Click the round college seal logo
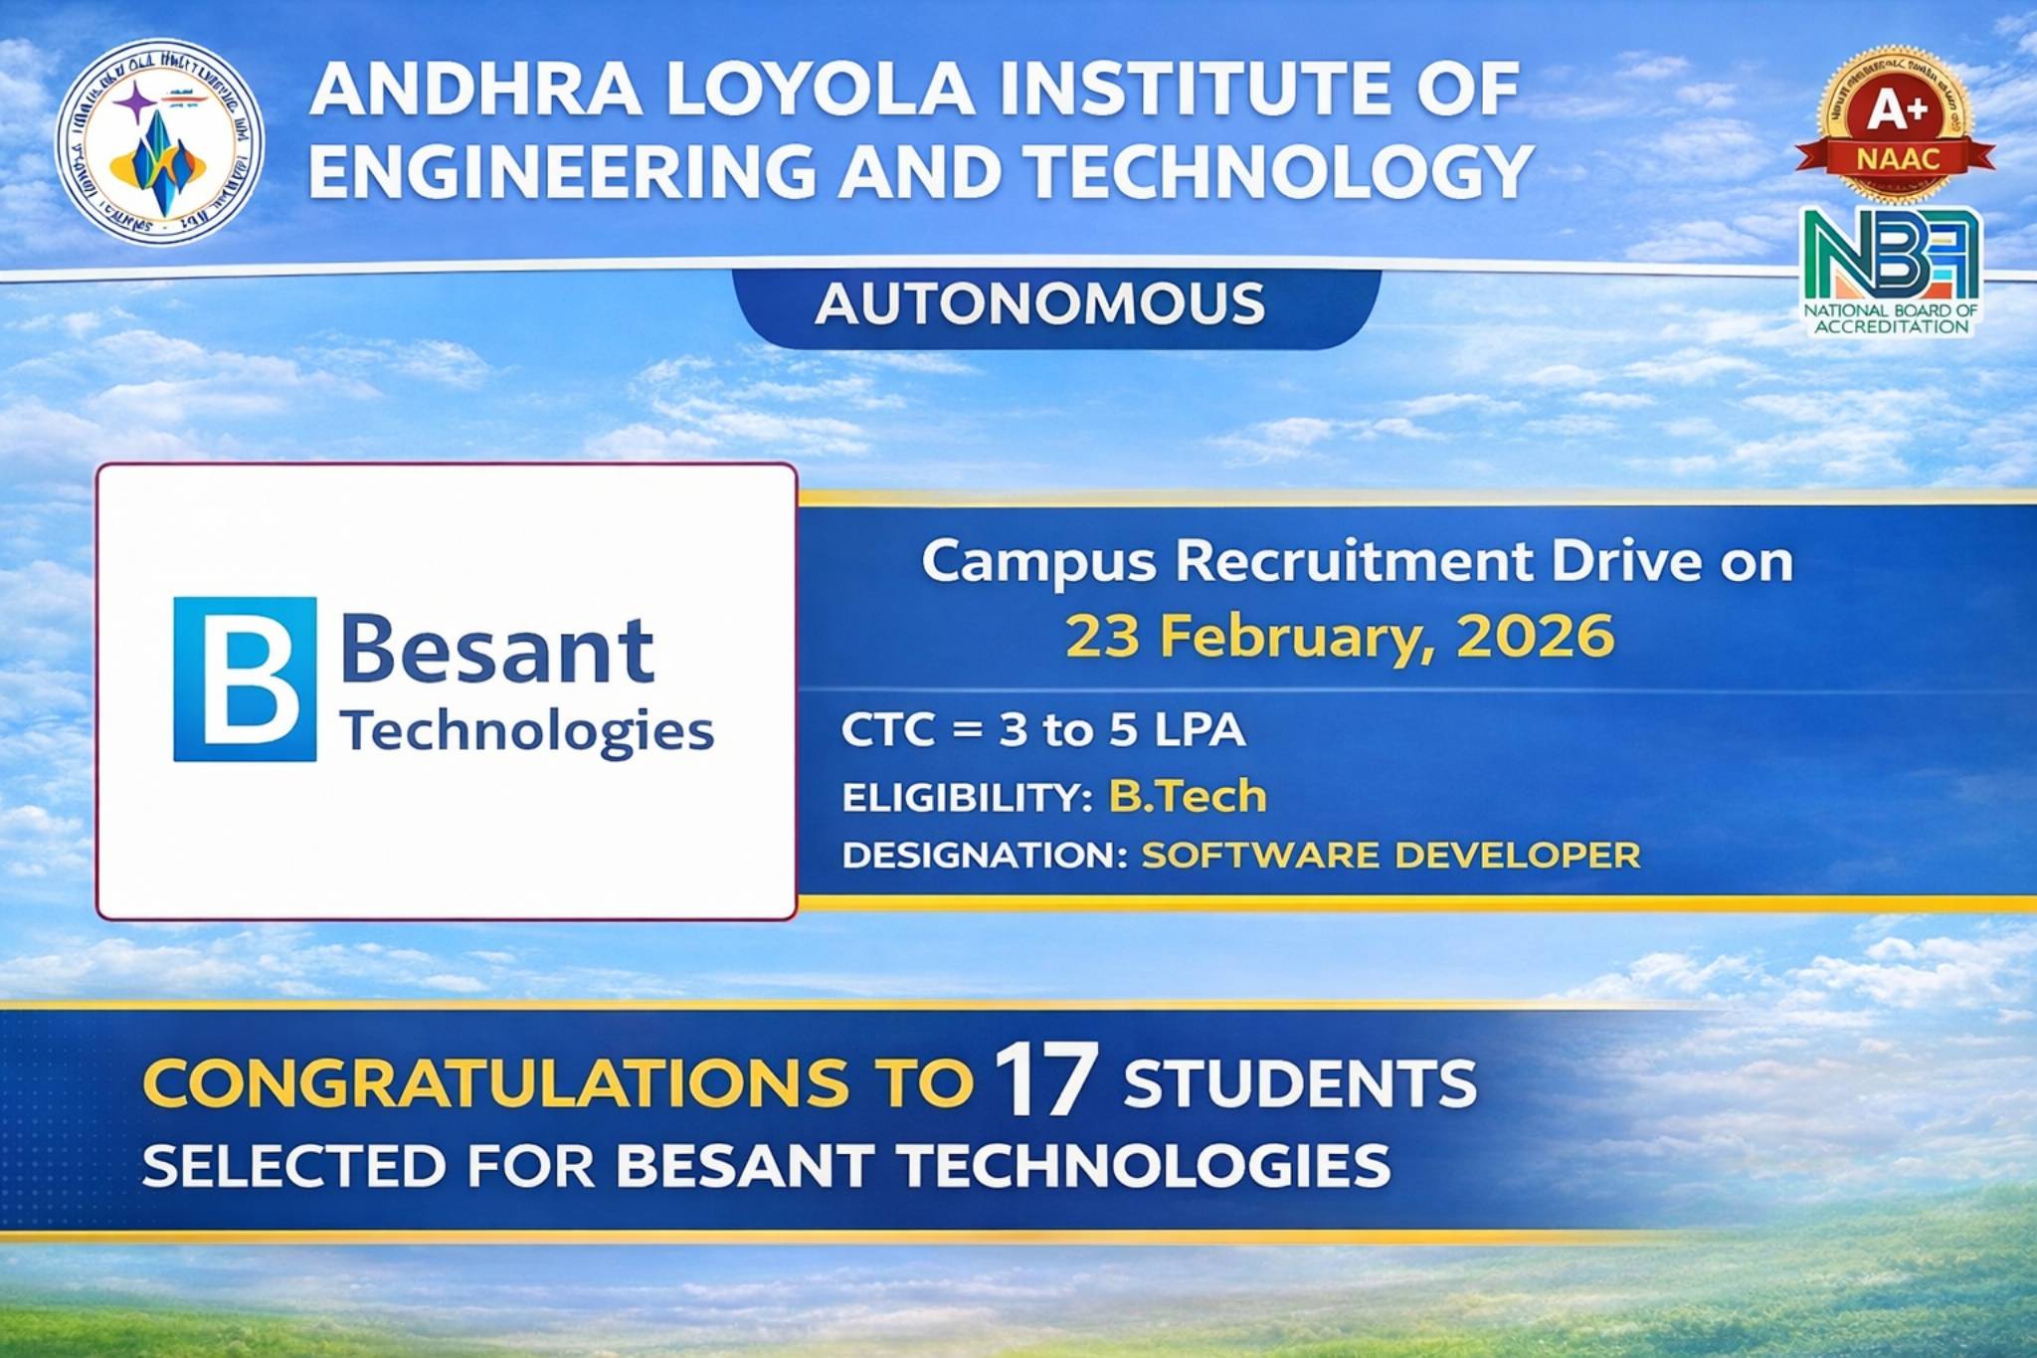159,142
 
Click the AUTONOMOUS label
1040,304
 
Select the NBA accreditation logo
1891,269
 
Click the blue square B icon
245,679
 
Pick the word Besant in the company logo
497,651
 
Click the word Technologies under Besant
527,732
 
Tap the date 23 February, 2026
1340,636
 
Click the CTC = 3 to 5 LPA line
1042,730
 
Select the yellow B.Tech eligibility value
1188,797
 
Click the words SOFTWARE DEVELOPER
1389,855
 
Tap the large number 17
1046,1081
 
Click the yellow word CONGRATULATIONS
496,1083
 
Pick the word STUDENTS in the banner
1300,1083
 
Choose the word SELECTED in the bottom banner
293,1166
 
